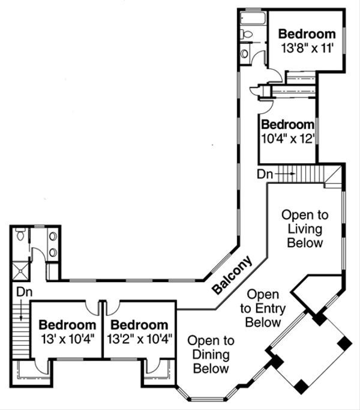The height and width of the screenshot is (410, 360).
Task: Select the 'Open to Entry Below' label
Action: [263, 309]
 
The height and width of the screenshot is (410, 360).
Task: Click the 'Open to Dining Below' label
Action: [211, 354]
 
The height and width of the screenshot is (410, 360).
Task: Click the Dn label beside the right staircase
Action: [265, 174]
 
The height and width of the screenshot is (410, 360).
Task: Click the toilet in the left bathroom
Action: [20, 236]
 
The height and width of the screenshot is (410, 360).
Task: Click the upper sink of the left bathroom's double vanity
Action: [53, 237]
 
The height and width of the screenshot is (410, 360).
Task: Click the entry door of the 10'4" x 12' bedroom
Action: [266, 106]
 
